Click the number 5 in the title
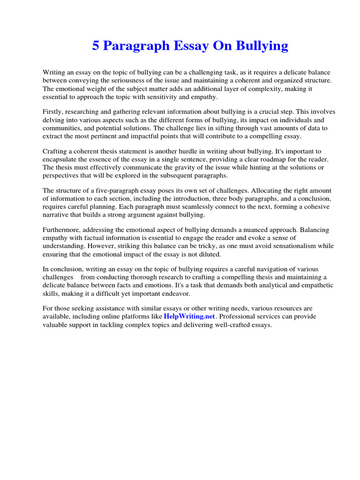pyautogui.click(x=96, y=46)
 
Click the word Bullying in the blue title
pyautogui.click(x=262, y=46)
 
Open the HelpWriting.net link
pyautogui.click(x=189, y=316)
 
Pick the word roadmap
pyautogui.click(x=270, y=159)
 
